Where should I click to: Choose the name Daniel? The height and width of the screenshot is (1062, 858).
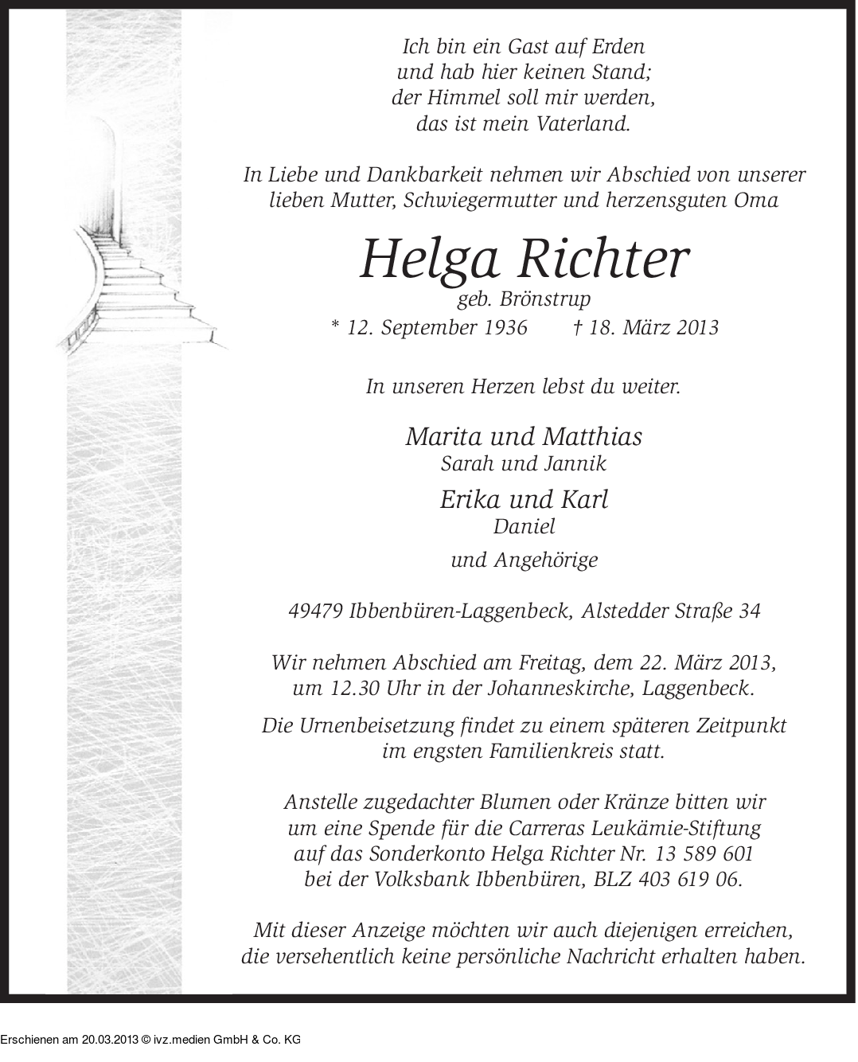pyautogui.click(x=524, y=526)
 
